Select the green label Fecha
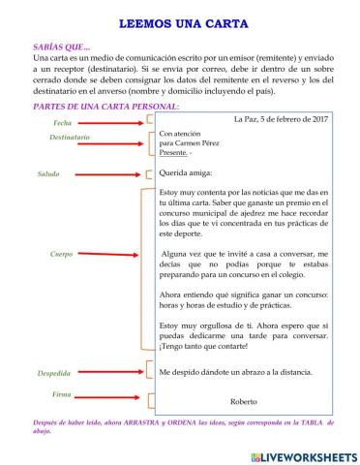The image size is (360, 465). [x=63, y=124]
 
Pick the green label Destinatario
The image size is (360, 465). [x=70, y=139]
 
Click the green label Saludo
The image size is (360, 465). [x=48, y=174]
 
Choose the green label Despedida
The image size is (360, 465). [x=53, y=372]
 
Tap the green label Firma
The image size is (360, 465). [x=62, y=395]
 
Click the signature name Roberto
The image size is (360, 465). [x=246, y=400]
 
